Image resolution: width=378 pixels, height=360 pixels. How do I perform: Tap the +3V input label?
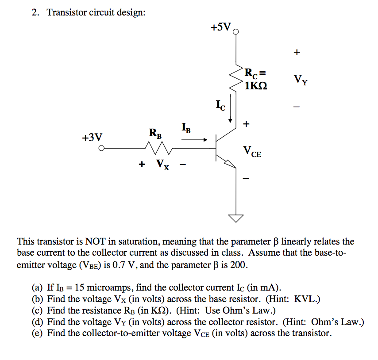pos(92,138)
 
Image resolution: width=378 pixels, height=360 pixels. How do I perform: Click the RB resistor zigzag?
pos(155,148)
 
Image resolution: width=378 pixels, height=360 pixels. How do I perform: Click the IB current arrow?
pos(194,140)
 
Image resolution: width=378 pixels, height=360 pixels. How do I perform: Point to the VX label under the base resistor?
pos(162,165)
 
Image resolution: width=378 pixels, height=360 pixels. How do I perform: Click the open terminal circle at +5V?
pos(236,31)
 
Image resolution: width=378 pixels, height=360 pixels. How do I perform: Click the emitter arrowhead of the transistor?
pos(230,164)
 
